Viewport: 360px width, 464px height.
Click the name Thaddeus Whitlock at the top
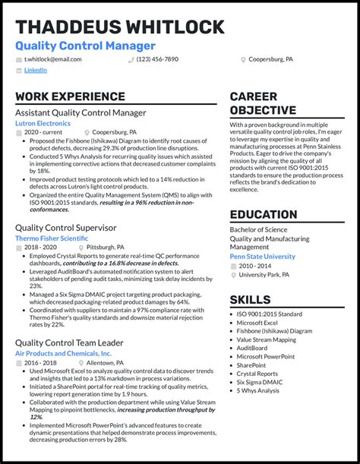point(119,28)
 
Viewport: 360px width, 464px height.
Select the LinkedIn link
point(35,70)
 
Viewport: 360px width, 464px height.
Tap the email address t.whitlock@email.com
point(52,58)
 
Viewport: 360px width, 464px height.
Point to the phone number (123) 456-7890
point(157,58)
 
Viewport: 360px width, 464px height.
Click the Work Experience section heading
point(63,96)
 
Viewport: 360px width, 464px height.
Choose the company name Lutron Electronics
point(43,123)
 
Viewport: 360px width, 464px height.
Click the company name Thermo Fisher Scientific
point(52,238)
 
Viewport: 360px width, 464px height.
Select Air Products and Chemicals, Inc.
point(63,353)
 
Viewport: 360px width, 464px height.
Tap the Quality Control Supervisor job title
point(65,227)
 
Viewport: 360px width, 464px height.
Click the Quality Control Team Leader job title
point(69,342)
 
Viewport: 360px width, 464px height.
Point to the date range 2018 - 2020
point(40,247)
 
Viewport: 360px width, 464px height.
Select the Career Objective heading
point(264,103)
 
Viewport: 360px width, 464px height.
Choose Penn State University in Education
point(262,257)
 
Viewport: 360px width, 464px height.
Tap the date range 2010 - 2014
point(255,266)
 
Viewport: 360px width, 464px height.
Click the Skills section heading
point(250,299)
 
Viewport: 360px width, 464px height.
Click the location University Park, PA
point(266,274)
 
